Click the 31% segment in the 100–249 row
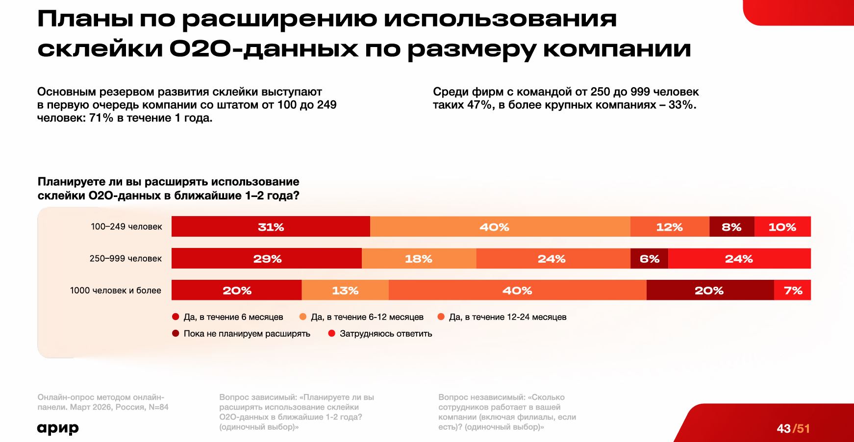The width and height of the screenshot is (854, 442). point(271,227)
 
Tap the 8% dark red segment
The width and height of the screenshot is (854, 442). point(731,227)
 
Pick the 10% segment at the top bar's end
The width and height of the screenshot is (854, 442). point(782,227)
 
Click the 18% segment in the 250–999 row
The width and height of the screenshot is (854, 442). point(419,259)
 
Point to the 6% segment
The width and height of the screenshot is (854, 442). point(649,259)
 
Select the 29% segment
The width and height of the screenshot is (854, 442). point(267,259)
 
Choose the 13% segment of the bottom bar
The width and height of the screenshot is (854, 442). point(345,291)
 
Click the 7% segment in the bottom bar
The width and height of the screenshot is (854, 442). point(793,291)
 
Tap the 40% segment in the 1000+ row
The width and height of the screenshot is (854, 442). point(517,291)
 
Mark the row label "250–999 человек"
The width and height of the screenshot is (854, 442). point(126,259)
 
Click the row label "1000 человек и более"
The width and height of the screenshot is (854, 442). point(116,291)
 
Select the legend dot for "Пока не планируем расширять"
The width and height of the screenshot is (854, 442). point(176,334)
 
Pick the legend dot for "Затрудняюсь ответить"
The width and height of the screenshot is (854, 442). point(331,334)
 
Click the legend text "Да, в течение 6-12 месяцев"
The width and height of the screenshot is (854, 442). point(367,317)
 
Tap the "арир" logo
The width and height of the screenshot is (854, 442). point(58,428)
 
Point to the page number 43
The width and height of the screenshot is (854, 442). point(783,429)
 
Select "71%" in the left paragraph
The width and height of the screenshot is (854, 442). point(101,118)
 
